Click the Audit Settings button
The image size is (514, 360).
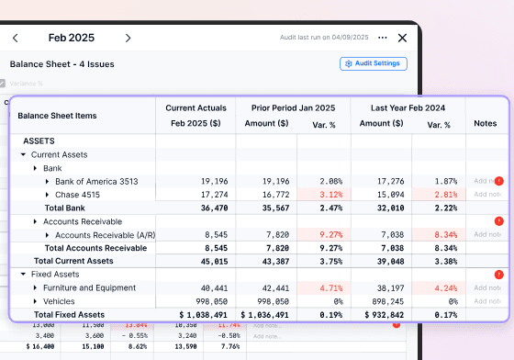tap(373, 63)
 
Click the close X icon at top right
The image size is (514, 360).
tap(402, 38)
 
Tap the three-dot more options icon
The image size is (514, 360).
tap(383, 38)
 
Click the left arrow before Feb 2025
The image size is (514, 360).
tap(16, 38)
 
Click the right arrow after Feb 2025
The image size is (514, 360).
tap(128, 38)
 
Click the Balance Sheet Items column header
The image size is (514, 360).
tap(57, 116)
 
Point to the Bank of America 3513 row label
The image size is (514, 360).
tap(95, 182)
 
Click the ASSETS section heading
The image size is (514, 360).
tap(39, 141)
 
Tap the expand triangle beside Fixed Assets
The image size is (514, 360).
tap(23, 275)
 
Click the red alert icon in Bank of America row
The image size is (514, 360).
tap(499, 181)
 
